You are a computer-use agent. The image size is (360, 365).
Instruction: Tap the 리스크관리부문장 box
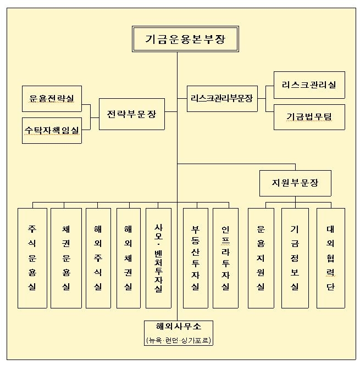tap(221, 99)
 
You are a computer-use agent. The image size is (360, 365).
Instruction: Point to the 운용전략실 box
tap(52, 99)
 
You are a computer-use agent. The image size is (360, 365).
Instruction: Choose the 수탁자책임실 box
tap(52, 130)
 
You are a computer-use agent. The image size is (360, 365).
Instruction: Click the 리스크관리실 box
tap(309, 85)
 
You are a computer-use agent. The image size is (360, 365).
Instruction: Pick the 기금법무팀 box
tap(309, 117)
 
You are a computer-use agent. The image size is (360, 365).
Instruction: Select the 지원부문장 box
tap(295, 183)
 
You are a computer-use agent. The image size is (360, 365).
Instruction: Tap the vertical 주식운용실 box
tap(32, 257)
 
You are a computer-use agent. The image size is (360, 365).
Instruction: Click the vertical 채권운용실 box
tap(66, 257)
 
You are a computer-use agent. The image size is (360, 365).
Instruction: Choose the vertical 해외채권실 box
tap(128, 257)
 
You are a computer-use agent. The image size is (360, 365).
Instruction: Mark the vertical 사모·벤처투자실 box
tap(159, 257)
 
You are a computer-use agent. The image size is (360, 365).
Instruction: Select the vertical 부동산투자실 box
tap(195, 257)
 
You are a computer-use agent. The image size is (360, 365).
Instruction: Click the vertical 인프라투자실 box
tap(225, 257)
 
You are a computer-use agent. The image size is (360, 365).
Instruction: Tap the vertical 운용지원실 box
tap(261, 257)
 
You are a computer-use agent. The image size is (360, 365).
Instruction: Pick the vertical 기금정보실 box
tap(295, 257)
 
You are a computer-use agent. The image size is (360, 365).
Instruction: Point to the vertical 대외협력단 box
tap(330, 257)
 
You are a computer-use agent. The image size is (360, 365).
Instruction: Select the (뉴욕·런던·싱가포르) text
tap(178, 340)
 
